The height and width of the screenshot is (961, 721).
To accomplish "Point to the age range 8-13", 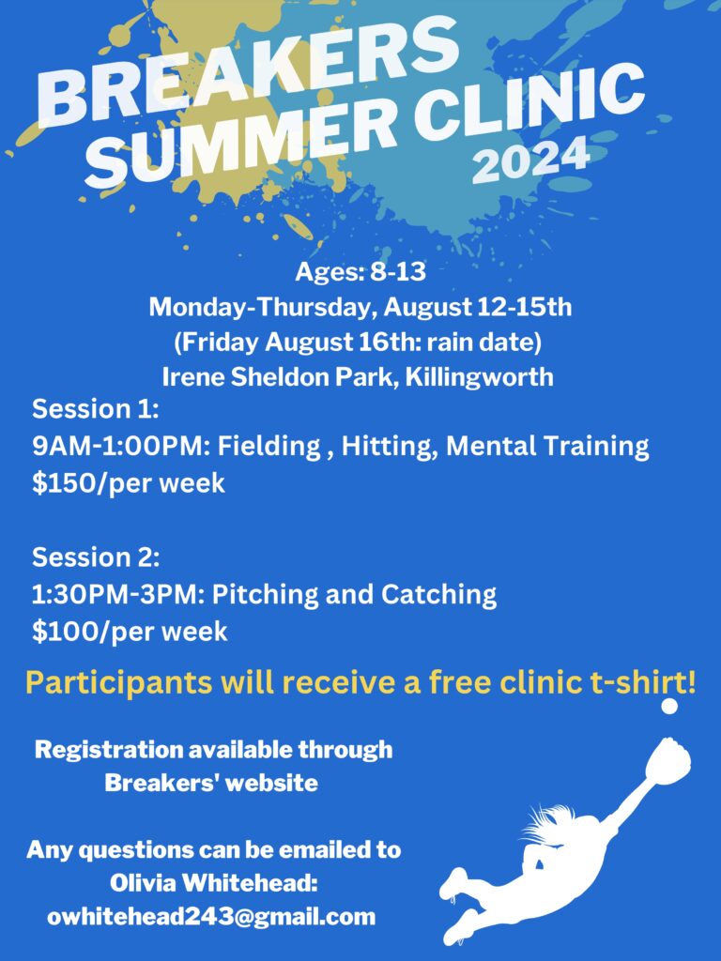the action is tap(397, 271).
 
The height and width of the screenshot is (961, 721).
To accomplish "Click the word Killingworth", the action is tap(480, 376).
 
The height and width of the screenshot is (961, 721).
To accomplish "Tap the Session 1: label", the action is tap(96, 409).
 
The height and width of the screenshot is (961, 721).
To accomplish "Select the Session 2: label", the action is tap(96, 557).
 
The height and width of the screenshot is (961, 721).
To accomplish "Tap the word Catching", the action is tap(439, 595).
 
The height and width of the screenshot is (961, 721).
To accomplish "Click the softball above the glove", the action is tap(670, 706).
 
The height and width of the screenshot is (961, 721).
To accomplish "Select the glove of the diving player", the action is tap(667, 762).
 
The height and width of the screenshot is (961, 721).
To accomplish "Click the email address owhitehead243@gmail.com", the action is tap(211, 916).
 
